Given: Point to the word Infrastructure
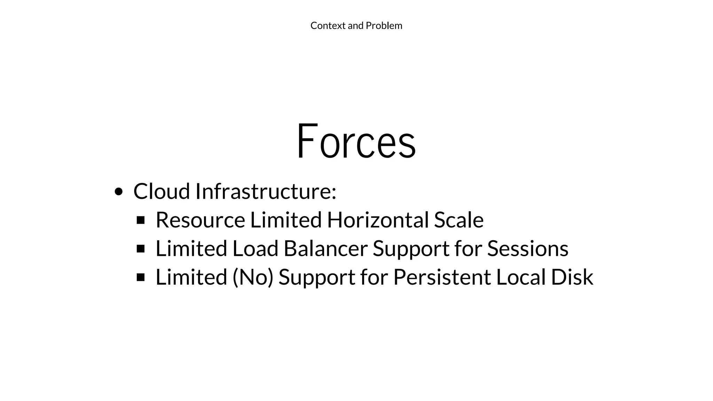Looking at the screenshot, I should pos(266,191).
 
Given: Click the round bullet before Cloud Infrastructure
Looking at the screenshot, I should pos(119,192).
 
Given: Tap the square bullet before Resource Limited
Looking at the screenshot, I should pos(141,220).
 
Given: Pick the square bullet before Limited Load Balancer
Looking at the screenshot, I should pos(141,249).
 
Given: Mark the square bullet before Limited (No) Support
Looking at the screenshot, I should pos(141,277).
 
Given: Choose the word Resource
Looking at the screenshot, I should pos(200,220).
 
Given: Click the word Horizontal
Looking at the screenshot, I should pos(378,220).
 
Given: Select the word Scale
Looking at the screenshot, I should pos(459,220).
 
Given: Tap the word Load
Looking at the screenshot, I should pos(255,249).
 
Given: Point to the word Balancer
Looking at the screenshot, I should pos(326,249).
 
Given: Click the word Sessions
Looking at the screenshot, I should pos(527,249).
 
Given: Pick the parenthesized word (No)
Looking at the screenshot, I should pos(253,277).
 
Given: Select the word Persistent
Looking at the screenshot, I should pos(442,277).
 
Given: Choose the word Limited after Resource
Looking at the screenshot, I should pos(286,220).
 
